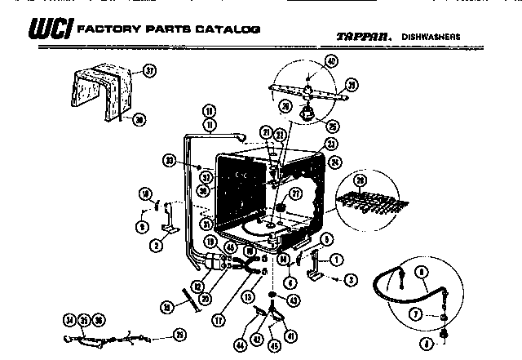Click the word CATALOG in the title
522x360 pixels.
[230, 29]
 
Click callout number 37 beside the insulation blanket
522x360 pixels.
[148, 71]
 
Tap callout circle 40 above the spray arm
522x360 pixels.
[331, 62]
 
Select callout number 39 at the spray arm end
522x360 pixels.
[352, 85]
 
